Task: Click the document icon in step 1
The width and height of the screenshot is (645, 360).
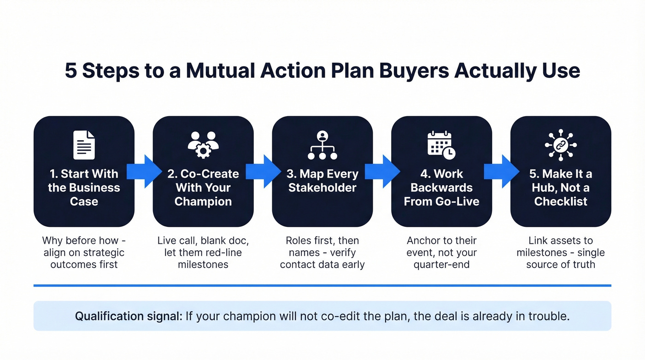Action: click(x=84, y=145)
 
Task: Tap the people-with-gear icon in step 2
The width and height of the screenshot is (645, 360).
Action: click(x=203, y=144)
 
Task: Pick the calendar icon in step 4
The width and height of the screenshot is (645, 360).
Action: click(x=441, y=145)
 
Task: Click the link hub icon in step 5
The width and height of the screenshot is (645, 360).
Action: click(x=561, y=145)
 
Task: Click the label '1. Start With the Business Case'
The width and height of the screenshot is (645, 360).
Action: click(x=84, y=188)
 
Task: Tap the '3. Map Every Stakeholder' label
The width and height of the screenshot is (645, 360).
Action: click(x=322, y=181)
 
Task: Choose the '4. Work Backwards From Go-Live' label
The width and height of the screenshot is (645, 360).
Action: click(x=441, y=188)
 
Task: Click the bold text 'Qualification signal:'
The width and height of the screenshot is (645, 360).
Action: click(x=129, y=316)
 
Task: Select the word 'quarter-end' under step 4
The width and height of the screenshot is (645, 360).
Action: click(x=441, y=265)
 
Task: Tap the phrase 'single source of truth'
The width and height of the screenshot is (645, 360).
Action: click(x=561, y=259)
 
